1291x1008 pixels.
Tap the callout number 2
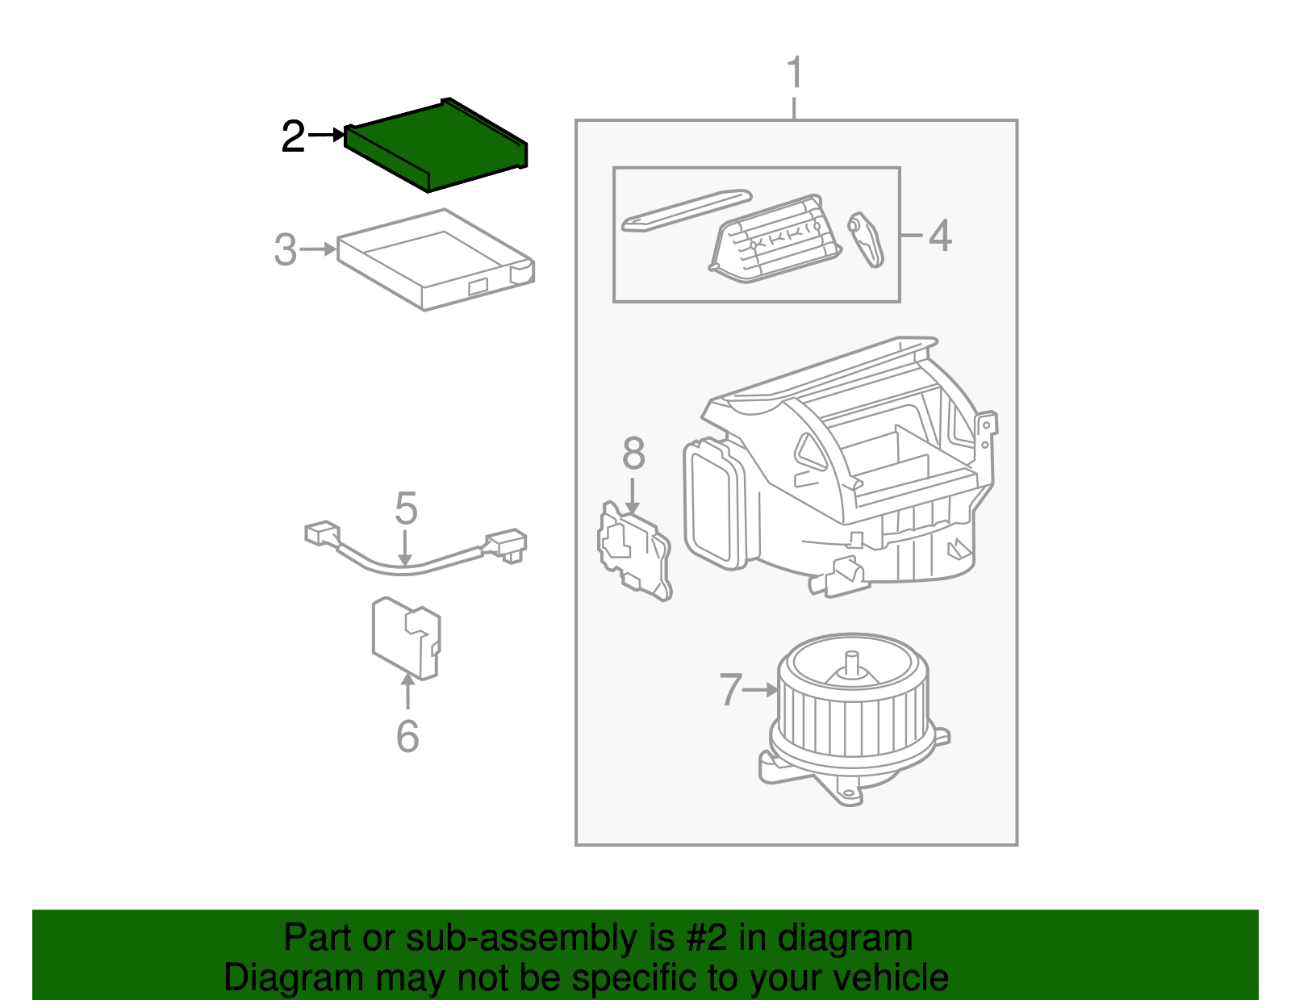pos(293,137)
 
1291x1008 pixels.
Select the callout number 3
pos(285,250)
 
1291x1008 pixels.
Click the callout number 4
pos(940,236)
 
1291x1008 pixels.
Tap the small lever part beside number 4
pos(866,240)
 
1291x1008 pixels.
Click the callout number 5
pos(406,509)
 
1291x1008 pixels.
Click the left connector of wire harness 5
pos(322,533)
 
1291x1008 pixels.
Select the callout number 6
pos(407,736)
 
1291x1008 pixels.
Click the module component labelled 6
pos(406,638)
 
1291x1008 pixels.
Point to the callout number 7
pos(730,690)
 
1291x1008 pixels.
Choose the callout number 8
pos(633,454)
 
